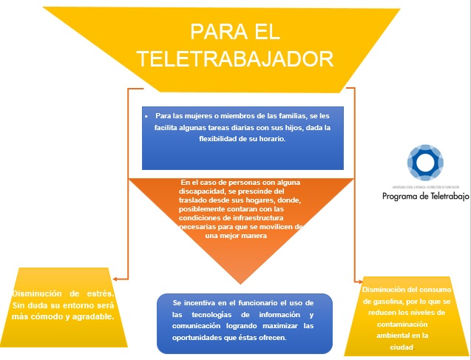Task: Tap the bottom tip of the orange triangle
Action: (x=241, y=283)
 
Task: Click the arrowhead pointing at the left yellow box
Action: (x=118, y=279)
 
